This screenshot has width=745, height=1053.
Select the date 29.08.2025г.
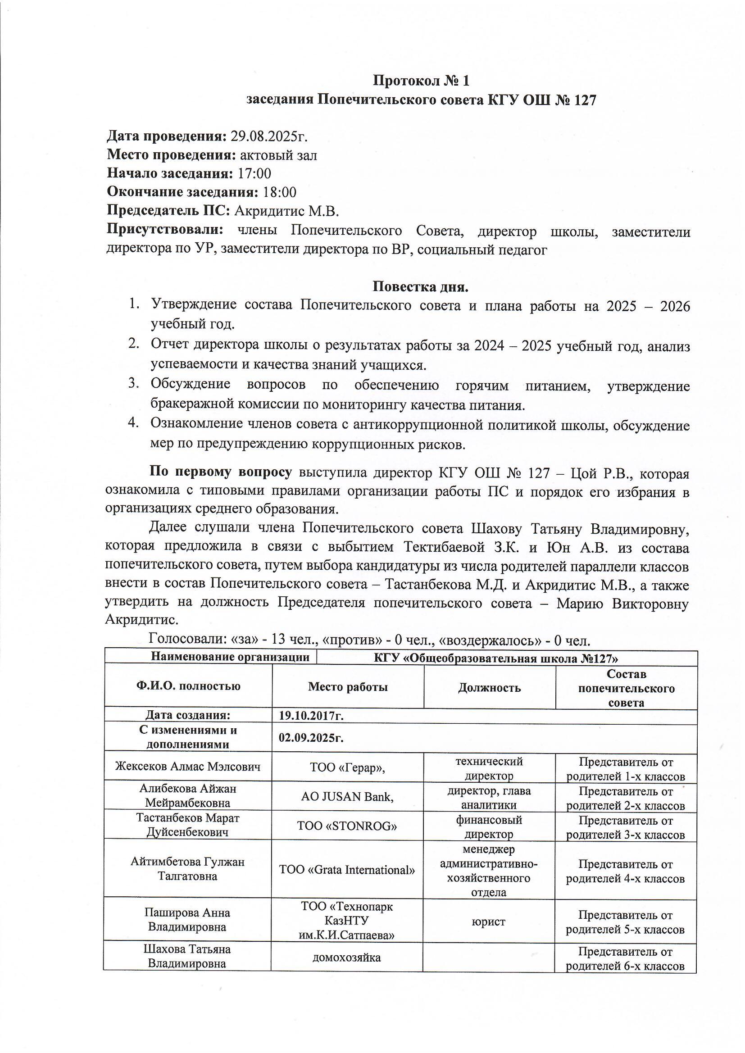(x=268, y=136)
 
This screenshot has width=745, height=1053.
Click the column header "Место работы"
(x=348, y=686)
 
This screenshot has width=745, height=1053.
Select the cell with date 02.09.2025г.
(x=312, y=737)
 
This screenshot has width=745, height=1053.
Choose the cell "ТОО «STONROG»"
(x=347, y=826)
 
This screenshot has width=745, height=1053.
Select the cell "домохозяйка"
(x=347, y=957)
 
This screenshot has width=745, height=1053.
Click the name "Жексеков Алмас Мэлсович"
(x=188, y=767)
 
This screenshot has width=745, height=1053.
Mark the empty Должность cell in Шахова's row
(x=489, y=957)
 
